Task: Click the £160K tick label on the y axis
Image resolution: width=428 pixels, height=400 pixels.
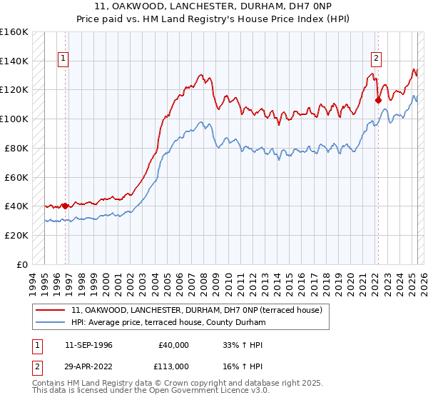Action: click(x=14, y=32)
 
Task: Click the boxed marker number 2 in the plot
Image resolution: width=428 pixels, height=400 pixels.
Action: click(x=376, y=59)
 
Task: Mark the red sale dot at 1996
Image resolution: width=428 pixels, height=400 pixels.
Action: click(x=65, y=206)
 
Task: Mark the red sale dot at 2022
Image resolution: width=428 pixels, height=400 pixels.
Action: click(x=378, y=100)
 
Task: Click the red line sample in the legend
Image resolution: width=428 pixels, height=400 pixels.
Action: click(x=51, y=310)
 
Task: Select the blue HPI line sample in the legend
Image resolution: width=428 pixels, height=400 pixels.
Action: click(x=51, y=322)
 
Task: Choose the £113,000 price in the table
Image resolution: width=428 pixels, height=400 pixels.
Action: click(x=174, y=366)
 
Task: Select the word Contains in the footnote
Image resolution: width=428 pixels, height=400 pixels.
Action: click(x=50, y=384)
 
